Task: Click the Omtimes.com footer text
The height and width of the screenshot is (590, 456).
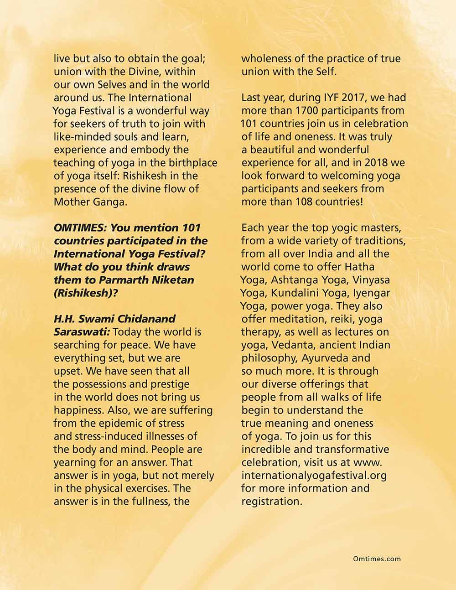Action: [377, 559]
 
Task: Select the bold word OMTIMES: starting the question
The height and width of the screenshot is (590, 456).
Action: [80, 228]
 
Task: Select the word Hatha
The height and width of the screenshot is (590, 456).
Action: [360, 267]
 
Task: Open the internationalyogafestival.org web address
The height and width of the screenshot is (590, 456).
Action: [314, 476]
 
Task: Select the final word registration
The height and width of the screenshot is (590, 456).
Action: [271, 502]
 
